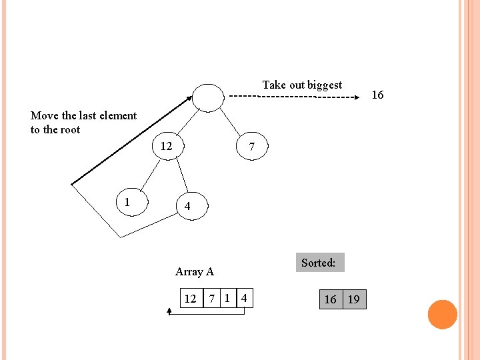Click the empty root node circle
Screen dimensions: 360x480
[x=208, y=97]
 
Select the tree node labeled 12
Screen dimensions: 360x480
[x=167, y=146]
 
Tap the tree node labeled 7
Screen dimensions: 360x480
[x=251, y=147]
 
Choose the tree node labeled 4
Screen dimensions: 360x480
[x=187, y=207]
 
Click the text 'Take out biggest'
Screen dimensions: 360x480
[x=302, y=85]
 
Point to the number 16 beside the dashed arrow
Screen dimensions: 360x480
[x=377, y=95]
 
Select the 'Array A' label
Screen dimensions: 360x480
[x=194, y=271]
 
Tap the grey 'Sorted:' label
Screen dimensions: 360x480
[x=319, y=263]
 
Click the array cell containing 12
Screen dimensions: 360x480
[x=191, y=299]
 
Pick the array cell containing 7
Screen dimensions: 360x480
[x=212, y=299]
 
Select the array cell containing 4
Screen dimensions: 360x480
[x=245, y=299]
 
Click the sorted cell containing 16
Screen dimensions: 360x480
[x=331, y=299]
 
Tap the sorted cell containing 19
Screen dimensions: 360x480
[x=354, y=299]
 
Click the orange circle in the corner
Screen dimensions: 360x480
[x=442, y=315]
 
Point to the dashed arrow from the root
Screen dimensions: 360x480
[x=293, y=97]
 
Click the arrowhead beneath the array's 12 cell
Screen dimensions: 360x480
[x=169, y=311]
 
